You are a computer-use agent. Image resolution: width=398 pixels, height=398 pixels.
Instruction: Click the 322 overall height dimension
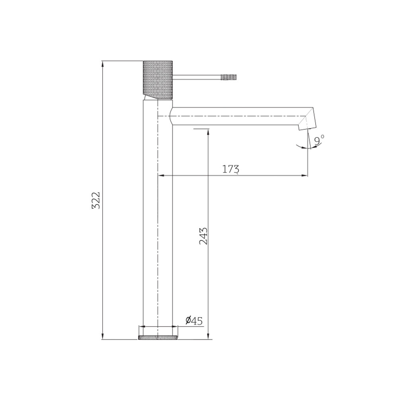96,200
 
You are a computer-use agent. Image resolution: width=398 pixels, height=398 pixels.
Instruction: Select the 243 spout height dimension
203,236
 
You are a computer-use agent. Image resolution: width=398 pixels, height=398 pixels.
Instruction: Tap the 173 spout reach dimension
231,169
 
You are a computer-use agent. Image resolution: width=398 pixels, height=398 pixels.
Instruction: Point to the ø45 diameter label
194,320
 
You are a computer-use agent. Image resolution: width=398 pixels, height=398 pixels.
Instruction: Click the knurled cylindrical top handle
158,80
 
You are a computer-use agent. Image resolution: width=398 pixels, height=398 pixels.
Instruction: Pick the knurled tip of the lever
229,77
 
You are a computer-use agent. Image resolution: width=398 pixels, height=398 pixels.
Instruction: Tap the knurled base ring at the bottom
158,338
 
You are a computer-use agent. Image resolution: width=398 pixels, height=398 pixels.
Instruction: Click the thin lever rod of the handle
197,77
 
